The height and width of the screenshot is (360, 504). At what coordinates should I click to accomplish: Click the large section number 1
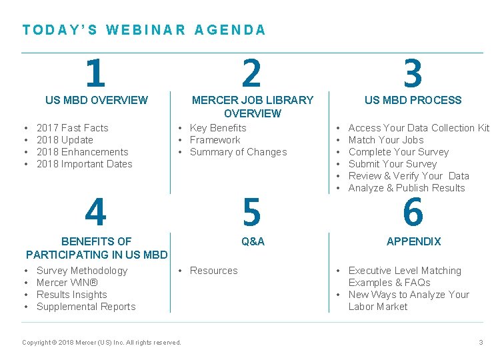tap(95, 73)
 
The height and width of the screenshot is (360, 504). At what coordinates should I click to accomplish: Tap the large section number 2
tap(251, 73)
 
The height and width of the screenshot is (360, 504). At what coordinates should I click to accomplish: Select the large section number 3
tap(413, 73)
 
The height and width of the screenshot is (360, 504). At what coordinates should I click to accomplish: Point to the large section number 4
tap(95, 213)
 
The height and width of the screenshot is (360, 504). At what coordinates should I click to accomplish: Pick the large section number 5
tap(251, 213)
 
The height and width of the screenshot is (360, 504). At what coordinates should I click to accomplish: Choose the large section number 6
tap(413, 213)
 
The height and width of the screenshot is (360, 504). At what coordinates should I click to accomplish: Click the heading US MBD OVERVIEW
tap(97, 100)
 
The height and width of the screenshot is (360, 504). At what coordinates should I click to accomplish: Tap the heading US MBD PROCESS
tap(413, 100)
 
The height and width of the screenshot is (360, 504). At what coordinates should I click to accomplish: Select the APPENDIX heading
tap(413, 241)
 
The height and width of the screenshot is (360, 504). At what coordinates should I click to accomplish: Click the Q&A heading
tap(253, 241)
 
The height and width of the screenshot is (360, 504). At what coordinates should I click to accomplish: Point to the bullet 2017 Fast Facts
tap(72, 128)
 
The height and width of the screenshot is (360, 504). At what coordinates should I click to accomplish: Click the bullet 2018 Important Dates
tap(84, 164)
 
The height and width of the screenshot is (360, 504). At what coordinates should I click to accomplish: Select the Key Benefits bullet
tap(218, 128)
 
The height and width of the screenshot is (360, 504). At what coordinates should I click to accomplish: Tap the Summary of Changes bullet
tap(238, 152)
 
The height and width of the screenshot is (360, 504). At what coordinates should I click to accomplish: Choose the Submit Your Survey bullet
tap(393, 164)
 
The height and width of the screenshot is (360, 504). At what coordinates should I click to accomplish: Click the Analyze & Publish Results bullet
tap(407, 188)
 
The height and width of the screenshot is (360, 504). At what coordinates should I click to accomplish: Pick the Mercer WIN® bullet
tap(66, 283)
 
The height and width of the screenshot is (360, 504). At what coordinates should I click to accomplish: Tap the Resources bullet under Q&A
tap(213, 271)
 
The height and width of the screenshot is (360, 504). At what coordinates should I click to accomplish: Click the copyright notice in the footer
tap(101, 343)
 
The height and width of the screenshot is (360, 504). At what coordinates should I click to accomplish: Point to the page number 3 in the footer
tap(481, 343)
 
